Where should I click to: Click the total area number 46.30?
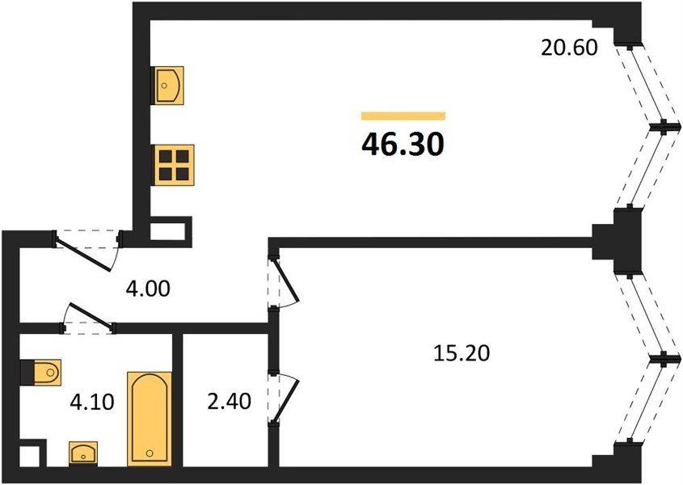pyautogui.click(x=403, y=145)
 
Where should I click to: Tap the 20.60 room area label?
pyautogui.click(x=569, y=48)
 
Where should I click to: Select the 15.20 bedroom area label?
pyautogui.click(x=462, y=353)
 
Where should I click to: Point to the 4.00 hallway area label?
pyautogui.click(x=148, y=289)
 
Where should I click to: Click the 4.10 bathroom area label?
pyautogui.click(x=92, y=401)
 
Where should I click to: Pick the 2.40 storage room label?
pyautogui.click(x=229, y=401)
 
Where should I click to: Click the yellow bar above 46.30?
pyautogui.click(x=403, y=116)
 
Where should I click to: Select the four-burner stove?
pyautogui.click(x=172, y=165)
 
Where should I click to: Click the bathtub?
pyautogui.click(x=150, y=419)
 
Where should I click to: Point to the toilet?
pyautogui.click(x=41, y=373)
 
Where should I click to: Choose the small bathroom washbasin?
pyautogui.click(x=83, y=453)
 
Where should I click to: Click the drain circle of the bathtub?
pyautogui.click(x=150, y=453)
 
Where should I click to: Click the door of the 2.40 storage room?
pyautogui.click(x=282, y=397)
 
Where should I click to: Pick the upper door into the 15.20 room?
pyautogui.click(x=282, y=283)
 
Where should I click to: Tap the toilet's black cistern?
pyautogui.click(x=27, y=373)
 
